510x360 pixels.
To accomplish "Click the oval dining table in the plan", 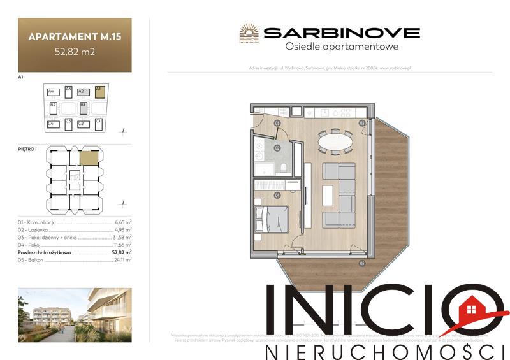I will [334, 140].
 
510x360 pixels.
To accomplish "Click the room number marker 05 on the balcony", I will [361, 263].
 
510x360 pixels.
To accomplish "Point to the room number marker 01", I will [277, 123].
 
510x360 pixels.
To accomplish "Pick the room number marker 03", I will [361, 123].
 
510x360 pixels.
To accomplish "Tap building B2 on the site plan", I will [54, 107].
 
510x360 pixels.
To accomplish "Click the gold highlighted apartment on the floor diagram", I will [89, 158].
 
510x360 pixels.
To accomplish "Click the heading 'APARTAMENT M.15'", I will [75, 37].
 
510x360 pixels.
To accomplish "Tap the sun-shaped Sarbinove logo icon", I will [249, 32].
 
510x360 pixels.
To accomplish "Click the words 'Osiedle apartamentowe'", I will [340, 47].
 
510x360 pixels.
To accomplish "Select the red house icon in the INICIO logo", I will [472, 310].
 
